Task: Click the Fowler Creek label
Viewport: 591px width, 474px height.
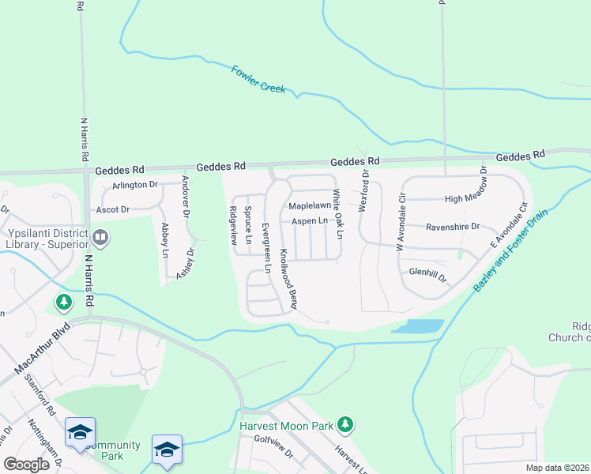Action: (258, 80)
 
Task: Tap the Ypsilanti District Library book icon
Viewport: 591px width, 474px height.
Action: (100, 236)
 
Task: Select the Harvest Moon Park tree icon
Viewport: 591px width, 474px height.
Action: (344, 425)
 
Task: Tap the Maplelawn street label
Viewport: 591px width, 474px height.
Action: (308, 205)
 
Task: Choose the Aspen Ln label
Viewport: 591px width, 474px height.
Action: (309, 221)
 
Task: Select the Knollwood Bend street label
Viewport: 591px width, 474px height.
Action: (287, 279)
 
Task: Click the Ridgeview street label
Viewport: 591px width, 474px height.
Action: (233, 226)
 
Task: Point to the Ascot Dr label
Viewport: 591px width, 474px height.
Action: (112, 209)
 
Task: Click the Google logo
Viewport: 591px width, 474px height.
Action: (26, 465)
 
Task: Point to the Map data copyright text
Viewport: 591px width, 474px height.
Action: (556, 468)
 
